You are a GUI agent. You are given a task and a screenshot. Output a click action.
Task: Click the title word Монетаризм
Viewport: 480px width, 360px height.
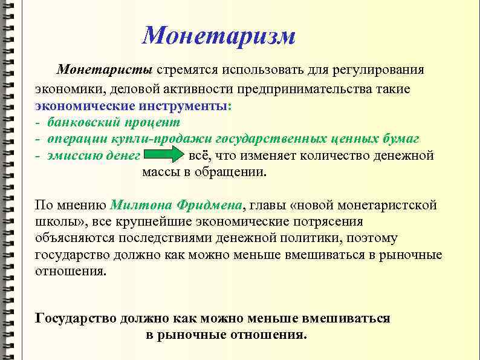(219, 36)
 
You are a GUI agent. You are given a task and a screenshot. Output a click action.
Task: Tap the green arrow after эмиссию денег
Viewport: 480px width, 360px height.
(165, 156)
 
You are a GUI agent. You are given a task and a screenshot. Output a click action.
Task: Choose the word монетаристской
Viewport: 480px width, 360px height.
(386, 205)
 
